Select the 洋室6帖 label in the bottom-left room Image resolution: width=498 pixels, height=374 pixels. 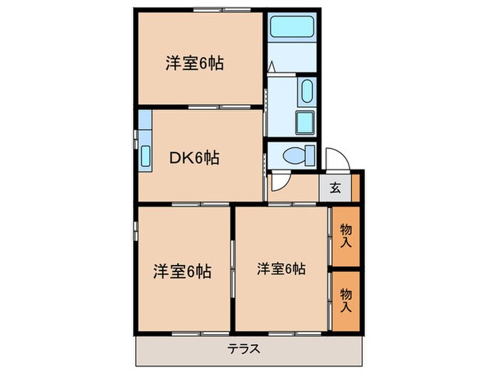pos(182,271)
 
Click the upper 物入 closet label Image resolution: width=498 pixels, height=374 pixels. pos(346,236)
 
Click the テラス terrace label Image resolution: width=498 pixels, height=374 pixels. pos(244,349)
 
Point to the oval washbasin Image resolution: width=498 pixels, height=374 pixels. pos(307,92)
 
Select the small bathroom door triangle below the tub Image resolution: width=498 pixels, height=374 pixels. pos(273,68)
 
